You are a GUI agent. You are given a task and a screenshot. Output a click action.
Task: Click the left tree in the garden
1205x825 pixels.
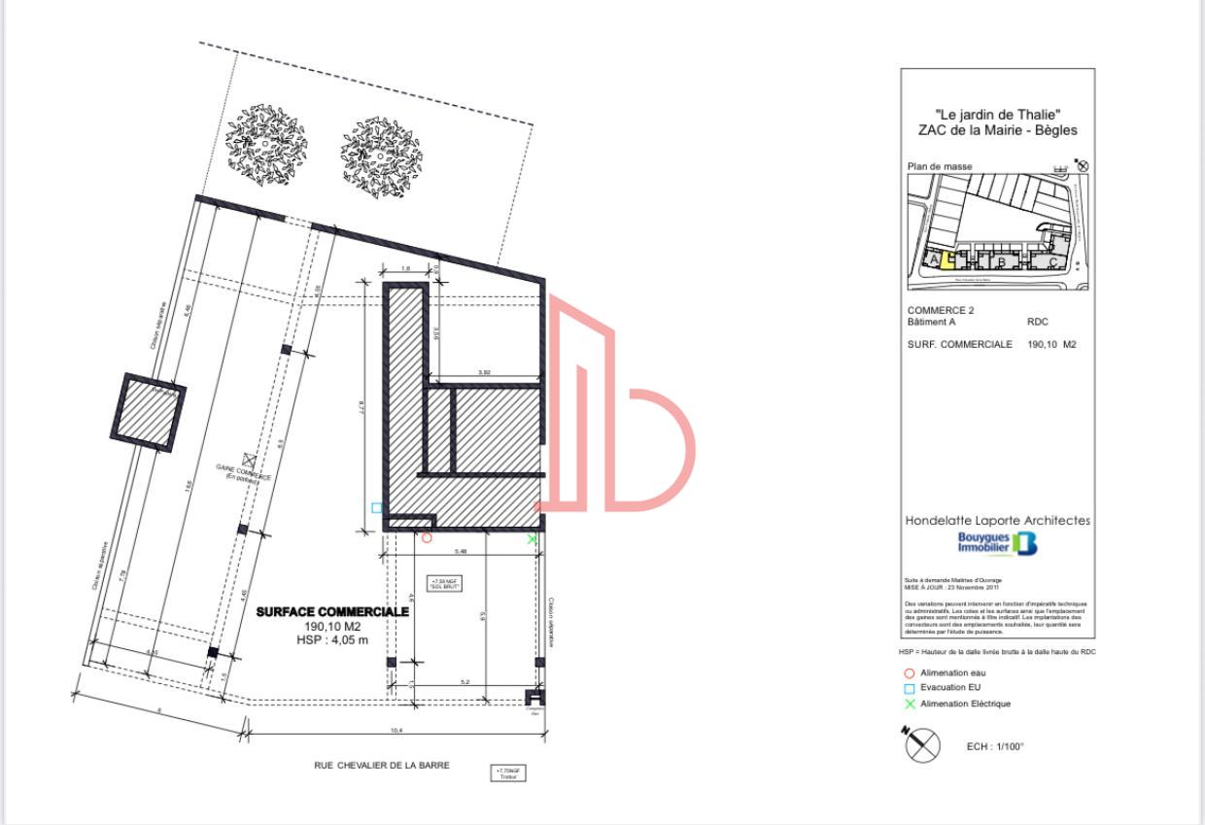[x=267, y=138]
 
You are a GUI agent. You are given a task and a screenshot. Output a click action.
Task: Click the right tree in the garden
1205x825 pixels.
[x=381, y=152]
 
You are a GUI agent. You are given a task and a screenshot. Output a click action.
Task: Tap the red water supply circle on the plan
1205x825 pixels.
[x=427, y=537]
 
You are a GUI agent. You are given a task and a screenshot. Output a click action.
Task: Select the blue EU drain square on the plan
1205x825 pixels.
[x=377, y=507]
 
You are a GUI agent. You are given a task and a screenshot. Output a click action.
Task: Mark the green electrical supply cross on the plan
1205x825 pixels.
[x=532, y=538]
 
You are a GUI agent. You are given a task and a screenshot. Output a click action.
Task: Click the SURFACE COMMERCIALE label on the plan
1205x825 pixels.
[x=332, y=612]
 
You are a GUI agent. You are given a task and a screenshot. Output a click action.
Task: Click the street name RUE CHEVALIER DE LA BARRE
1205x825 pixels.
[x=382, y=766]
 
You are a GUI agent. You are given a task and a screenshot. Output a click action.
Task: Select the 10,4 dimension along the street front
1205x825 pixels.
[x=396, y=731]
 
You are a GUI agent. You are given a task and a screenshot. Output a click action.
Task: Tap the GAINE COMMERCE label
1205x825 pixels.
[x=244, y=473]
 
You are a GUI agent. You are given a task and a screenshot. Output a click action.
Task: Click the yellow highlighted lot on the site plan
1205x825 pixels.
[x=947, y=259]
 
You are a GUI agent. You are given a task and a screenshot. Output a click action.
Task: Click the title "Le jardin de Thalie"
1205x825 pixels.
[x=998, y=115]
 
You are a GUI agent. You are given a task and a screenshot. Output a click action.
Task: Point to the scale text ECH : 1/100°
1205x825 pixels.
[x=995, y=746]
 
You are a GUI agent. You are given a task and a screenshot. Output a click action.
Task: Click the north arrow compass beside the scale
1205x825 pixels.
[x=923, y=745]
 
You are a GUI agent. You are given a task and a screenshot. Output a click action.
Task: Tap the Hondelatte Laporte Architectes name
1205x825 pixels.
[x=997, y=521]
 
